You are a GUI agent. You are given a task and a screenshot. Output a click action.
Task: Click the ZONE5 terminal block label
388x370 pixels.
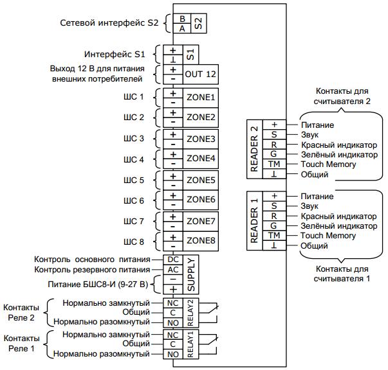coord(201,181)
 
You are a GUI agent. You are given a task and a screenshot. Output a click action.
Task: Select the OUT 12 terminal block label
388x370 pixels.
coord(201,75)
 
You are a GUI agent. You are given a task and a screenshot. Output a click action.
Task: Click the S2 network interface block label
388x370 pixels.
coord(198,24)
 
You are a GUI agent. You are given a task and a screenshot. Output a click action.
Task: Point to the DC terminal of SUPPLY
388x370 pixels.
coord(173,260)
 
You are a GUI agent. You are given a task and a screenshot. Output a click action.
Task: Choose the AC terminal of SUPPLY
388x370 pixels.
coord(173,270)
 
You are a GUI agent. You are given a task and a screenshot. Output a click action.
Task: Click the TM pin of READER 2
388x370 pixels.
coord(273,165)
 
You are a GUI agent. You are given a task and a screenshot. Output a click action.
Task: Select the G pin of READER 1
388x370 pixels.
coord(273,226)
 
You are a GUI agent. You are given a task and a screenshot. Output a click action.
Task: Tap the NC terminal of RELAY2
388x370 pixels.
coord(172,303)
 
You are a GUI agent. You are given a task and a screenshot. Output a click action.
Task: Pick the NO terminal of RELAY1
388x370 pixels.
coord(172,354)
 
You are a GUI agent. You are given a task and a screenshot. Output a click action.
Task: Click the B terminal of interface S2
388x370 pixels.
coord(183,19)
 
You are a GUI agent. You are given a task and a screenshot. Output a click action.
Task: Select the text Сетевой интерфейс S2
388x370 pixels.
coord(109,22)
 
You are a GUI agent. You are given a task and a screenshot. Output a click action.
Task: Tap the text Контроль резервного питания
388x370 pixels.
coord(91,270)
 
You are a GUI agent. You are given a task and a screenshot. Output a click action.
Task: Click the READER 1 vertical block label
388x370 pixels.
coord(255,220)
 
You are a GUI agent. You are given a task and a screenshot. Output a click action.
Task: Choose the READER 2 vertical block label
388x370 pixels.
coord(255,149)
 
